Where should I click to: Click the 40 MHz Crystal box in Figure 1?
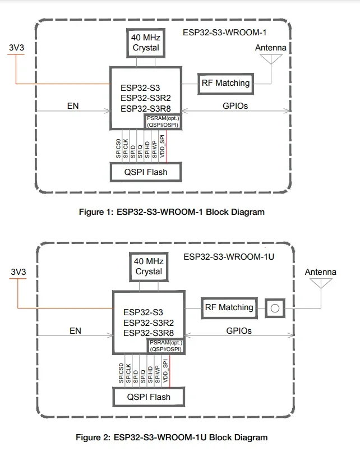[146, 43]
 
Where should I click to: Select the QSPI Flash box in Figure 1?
[146, 172]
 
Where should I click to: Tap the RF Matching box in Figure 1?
[225, 84]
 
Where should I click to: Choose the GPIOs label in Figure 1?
[234, 105]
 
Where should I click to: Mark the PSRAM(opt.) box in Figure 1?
[163, 121]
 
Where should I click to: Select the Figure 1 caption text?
[172, 212]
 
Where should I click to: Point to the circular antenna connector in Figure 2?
[274, 308]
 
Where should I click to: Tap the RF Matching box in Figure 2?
[229, 307]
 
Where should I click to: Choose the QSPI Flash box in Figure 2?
[148, 397]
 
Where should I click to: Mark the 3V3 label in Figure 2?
[19, 272]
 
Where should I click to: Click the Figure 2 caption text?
[172, 438]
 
